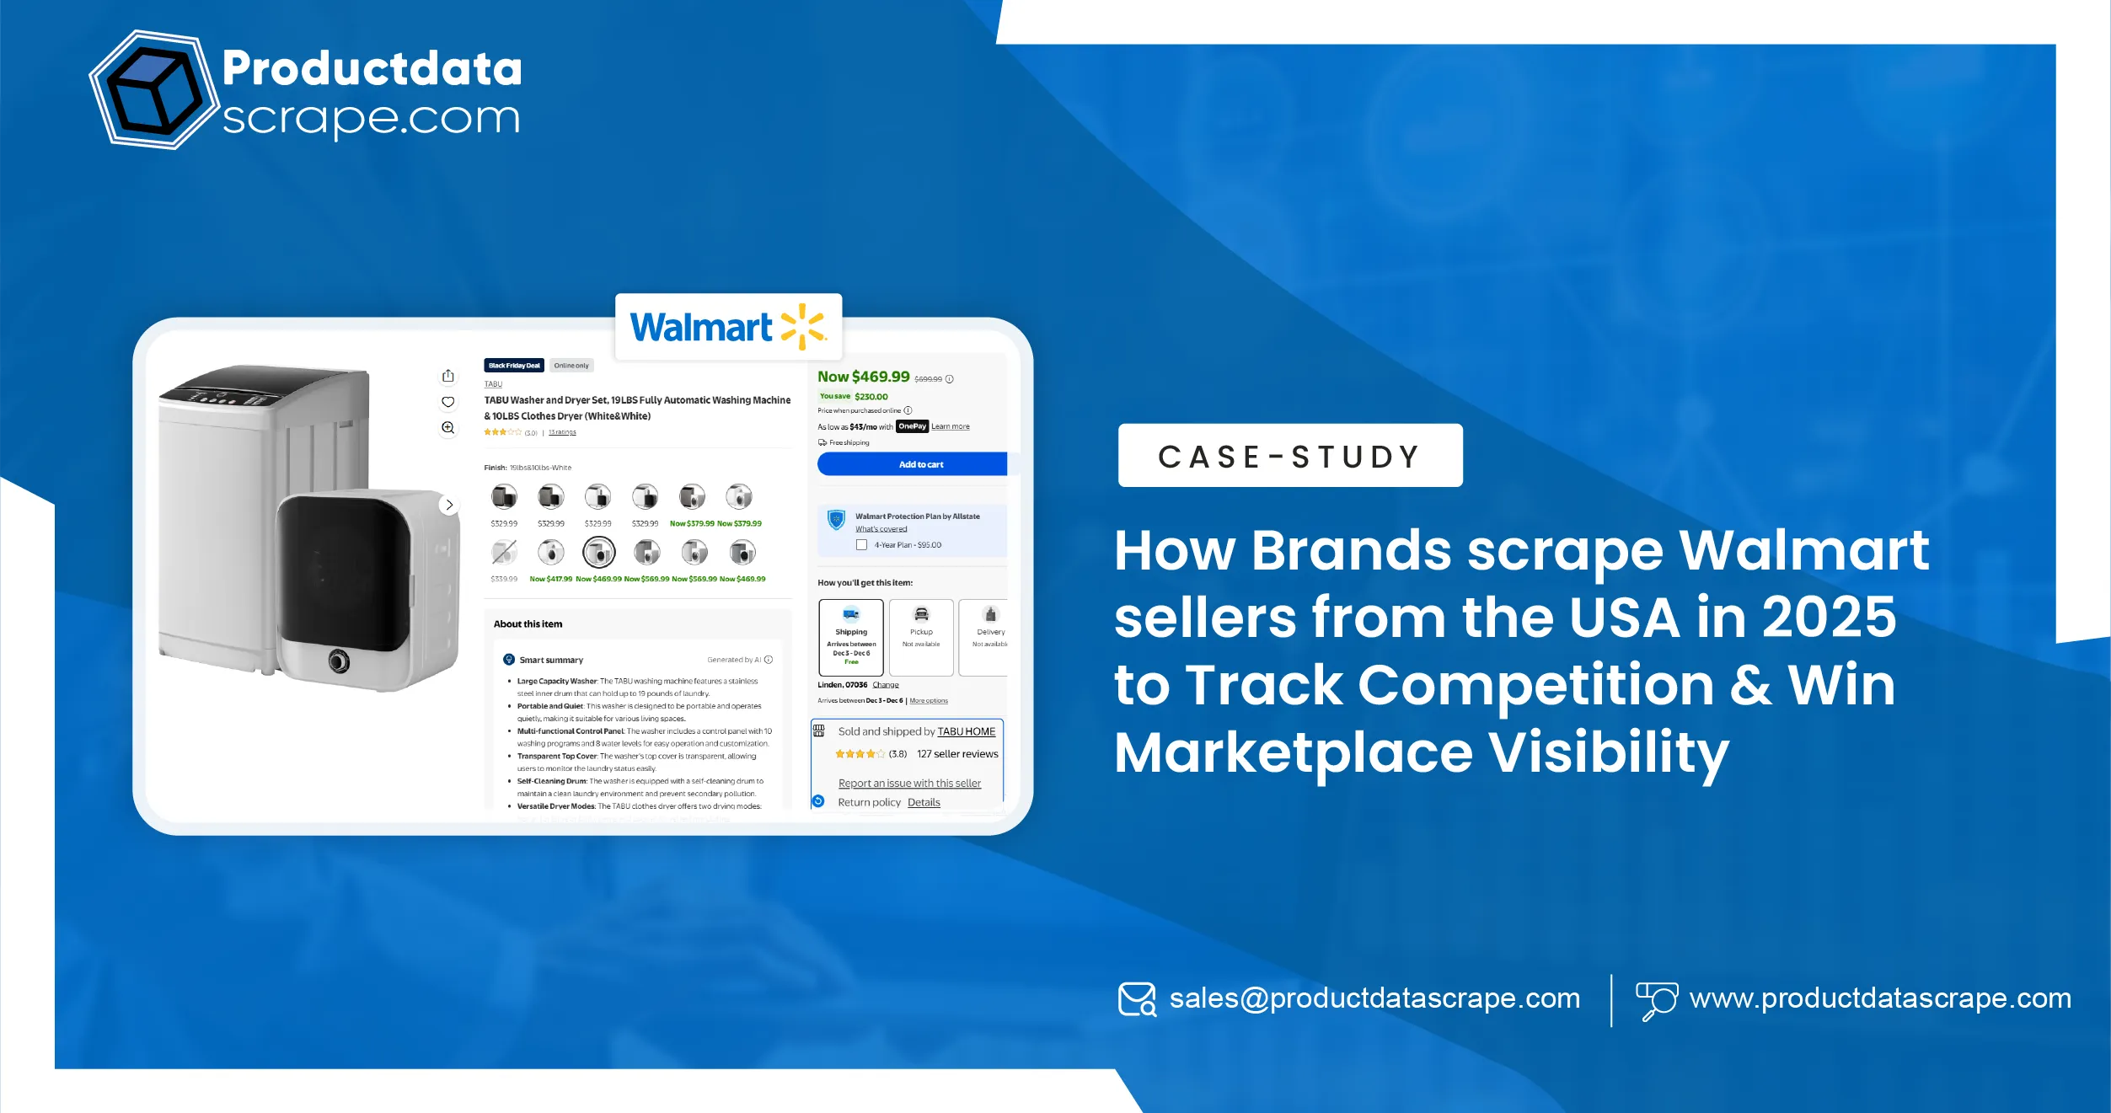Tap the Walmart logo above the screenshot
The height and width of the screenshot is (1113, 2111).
coord(728,327)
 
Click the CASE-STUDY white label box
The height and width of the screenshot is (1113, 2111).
coord(1289,456)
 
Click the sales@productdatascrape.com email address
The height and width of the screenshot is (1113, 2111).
coord(1374,998)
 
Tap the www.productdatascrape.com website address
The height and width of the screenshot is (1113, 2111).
coord(1880,998)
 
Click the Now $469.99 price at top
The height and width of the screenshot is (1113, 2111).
coord(864,377)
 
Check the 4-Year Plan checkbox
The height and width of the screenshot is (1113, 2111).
coord(861,545)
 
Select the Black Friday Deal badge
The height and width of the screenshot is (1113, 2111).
coord(514,366)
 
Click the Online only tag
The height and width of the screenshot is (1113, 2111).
coord(571,366)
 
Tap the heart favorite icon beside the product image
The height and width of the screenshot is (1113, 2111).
coord(448,402)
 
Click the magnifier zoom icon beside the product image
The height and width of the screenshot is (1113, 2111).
coord(448,428)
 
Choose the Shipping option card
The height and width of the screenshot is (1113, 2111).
coord(851,638)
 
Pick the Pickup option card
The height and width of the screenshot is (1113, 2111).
coord(921,638)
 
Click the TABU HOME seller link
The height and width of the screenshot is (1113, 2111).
coord(966,731)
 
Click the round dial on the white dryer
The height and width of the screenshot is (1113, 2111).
coord(339,661)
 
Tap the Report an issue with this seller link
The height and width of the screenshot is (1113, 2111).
coord(909,784)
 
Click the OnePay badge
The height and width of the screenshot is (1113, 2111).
coord(912,426)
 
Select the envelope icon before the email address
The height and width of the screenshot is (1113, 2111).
coord(1137,999)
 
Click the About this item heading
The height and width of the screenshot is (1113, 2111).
coord(528,624)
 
